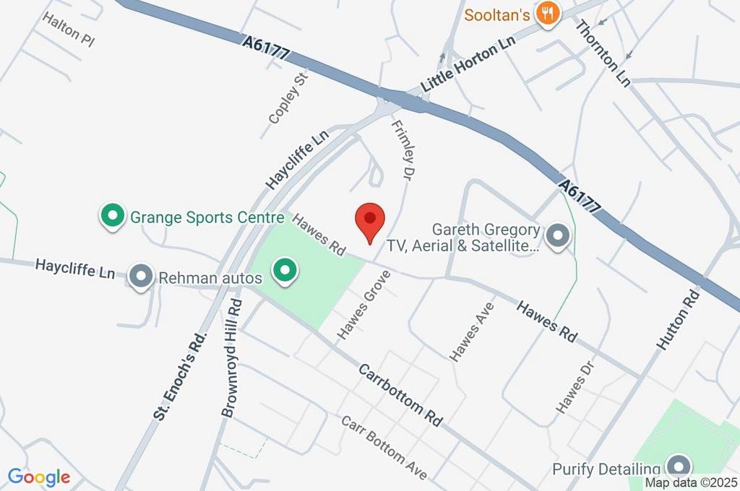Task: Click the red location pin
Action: pyautogui.click(x=370, y=220)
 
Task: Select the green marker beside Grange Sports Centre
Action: pyautogui.click(x=112, y=215)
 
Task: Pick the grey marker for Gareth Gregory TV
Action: pyautogui.click(x=557, y=235)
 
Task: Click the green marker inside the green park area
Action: pyautogui.click(x=285, y=271)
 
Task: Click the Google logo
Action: pyautogui.click(x=39, y=477)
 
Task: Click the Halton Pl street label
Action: pyautogui.click(x=69, y=30)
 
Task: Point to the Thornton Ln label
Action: pyautogui.click(x=603, y=53)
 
